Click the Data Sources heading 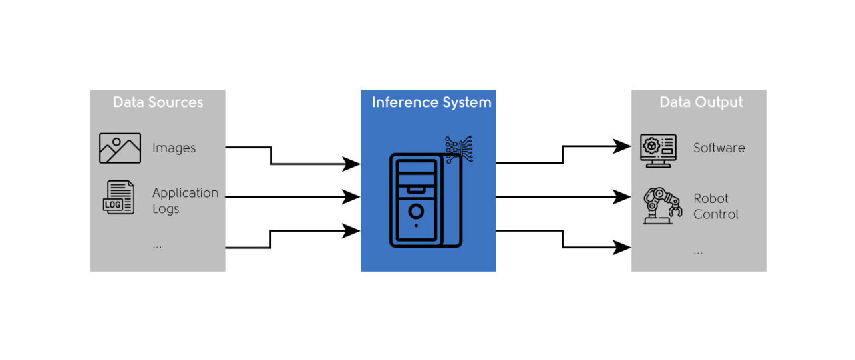(158, 102)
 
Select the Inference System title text (431, 102)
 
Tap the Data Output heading (701, 102)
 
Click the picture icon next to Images (120, 148)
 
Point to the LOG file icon (118, 198)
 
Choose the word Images (174, 148)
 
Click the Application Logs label (185, 200)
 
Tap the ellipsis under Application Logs (157, 246)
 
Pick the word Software (719, 148)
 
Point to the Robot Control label (715, 206)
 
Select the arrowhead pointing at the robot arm (623, 197)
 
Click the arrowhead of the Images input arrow (352, 164)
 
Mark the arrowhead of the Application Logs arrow (352, 197)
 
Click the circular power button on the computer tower (416, 212)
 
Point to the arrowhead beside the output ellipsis (623, 248)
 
